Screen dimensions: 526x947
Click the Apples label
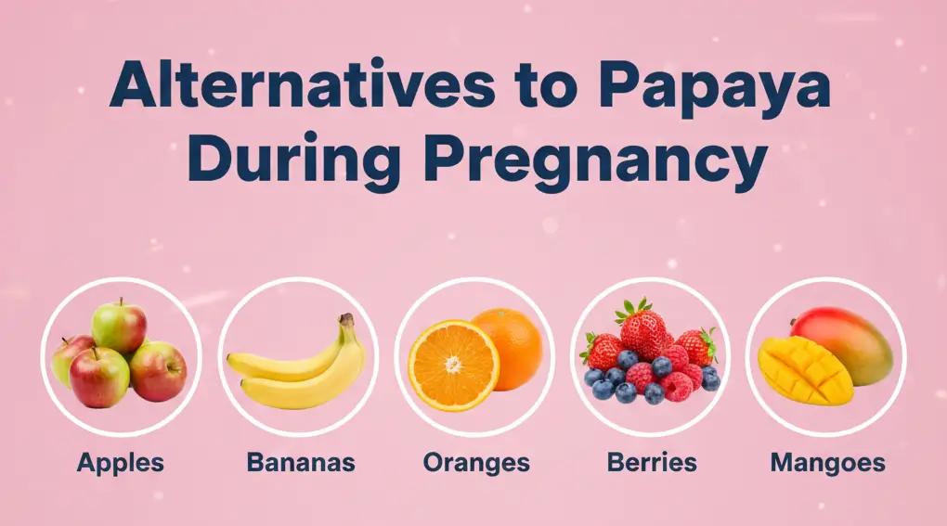[120, 462]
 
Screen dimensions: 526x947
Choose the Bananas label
[301, 462]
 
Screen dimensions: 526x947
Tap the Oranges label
[476, 462]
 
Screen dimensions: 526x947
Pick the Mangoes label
[828, 462]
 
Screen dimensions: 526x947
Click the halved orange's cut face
[453, 365]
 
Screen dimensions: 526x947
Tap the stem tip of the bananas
[346, 318]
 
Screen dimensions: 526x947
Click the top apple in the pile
[120, 324]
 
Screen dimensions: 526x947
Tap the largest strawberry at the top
[643, 331]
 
